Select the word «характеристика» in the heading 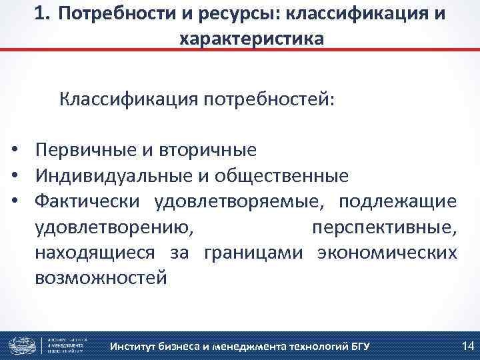point(252,39)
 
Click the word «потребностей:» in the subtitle point(271,101)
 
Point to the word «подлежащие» point(397,201)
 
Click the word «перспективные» point(384,227)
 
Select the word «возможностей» point(101,278)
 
